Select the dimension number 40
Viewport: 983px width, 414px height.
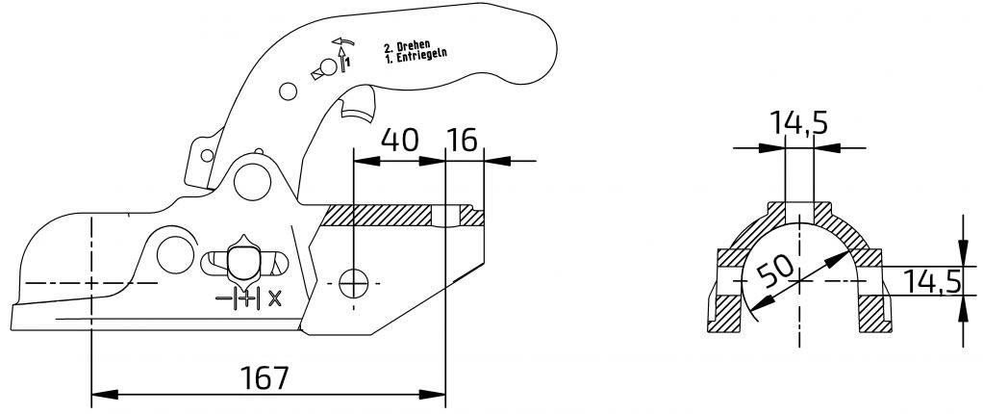(x=399, y=141)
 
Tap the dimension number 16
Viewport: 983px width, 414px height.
(x=463, y=141)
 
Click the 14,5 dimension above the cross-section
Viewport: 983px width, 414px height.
(x=798, y=123)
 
